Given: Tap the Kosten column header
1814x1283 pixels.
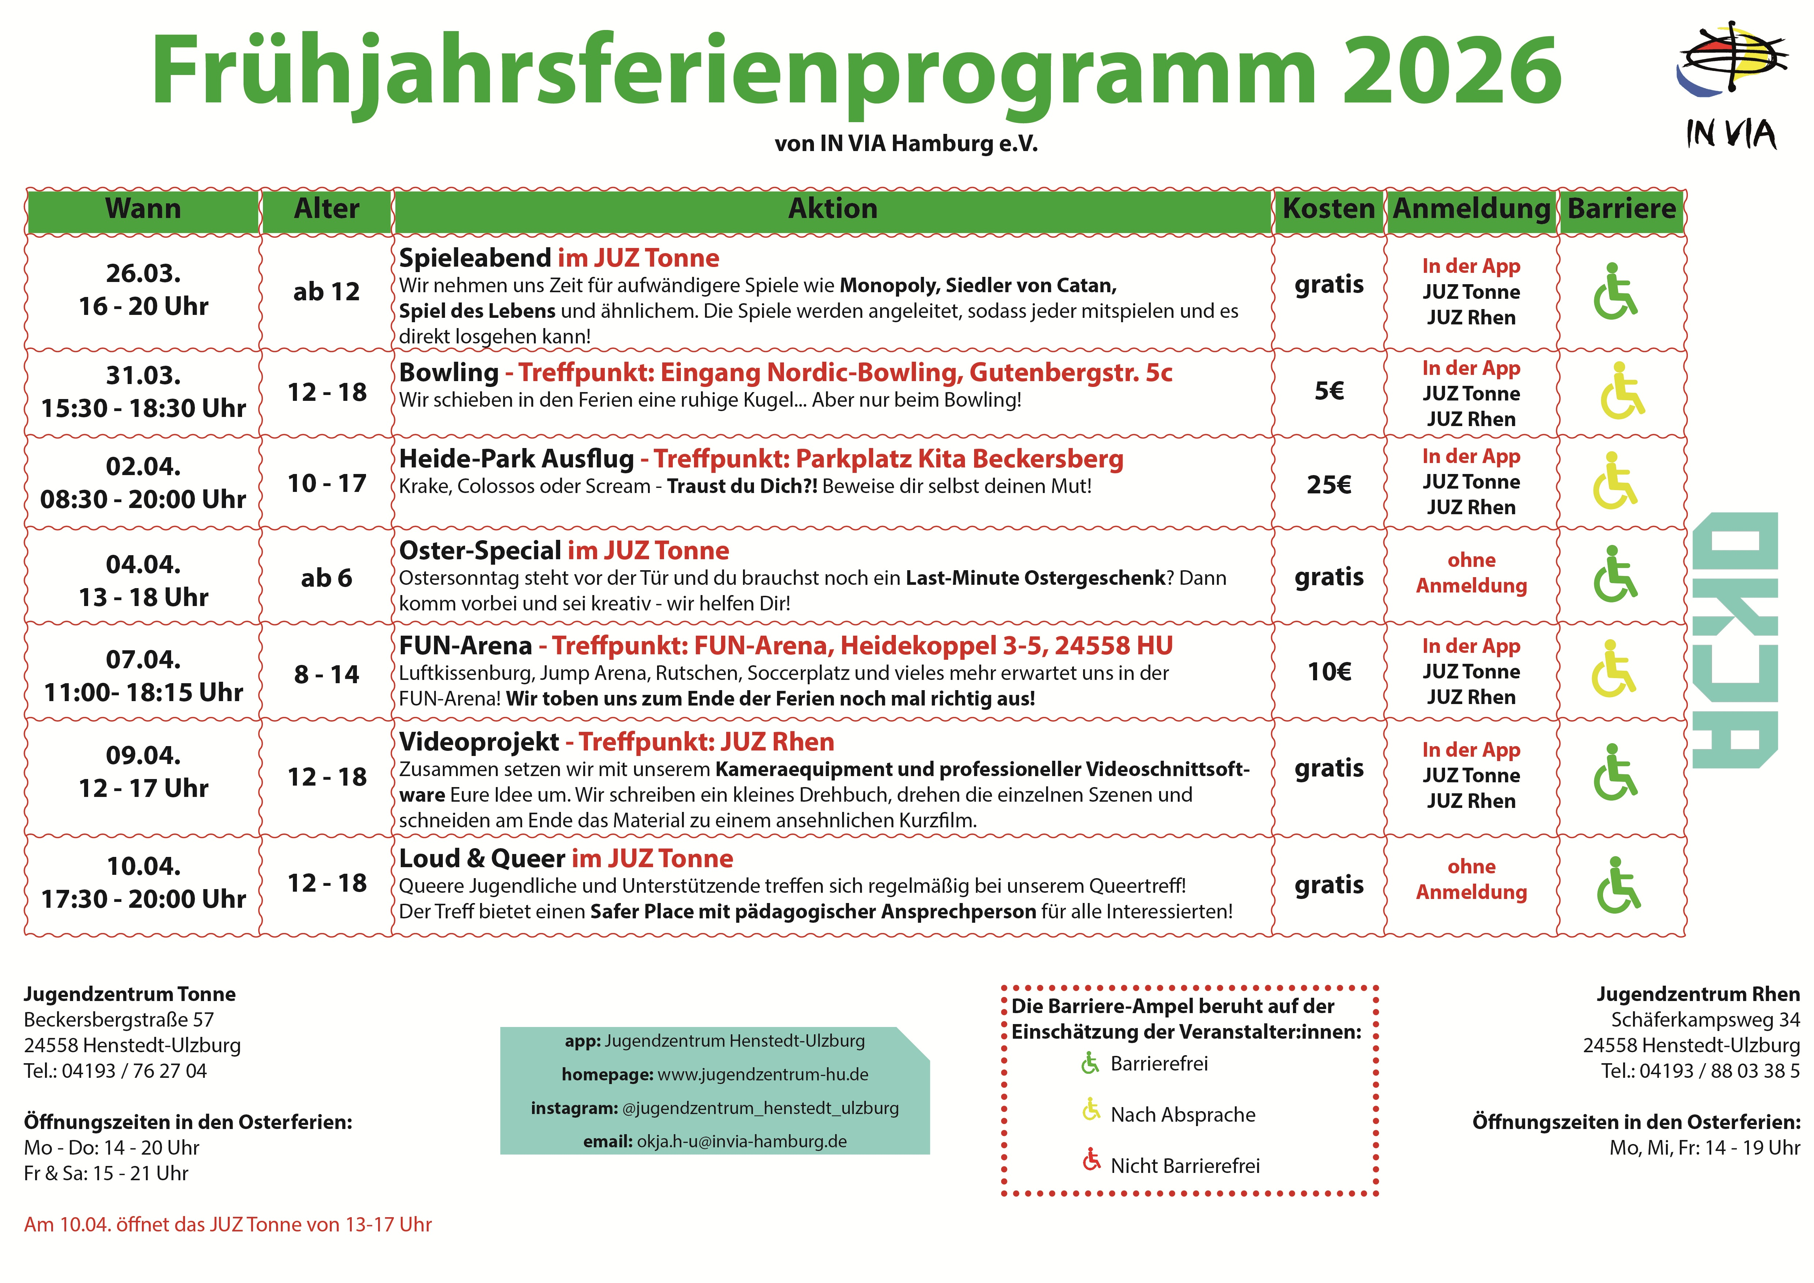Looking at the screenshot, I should click(1329, 208).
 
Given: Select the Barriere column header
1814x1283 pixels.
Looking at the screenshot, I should click(1621, 208).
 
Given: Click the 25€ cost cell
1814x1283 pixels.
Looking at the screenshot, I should click(1329, 484).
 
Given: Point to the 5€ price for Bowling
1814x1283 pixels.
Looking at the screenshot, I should click(1329, 391).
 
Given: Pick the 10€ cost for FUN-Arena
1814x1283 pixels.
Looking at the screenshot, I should click(1329, 671).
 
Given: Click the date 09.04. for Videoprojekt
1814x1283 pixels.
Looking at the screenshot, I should click(143, 755).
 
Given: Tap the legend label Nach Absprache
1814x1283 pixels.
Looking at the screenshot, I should click(1183, 1115).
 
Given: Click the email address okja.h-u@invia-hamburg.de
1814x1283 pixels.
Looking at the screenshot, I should click(741, 1141).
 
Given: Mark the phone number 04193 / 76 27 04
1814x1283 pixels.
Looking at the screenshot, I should click(134, 1071).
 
